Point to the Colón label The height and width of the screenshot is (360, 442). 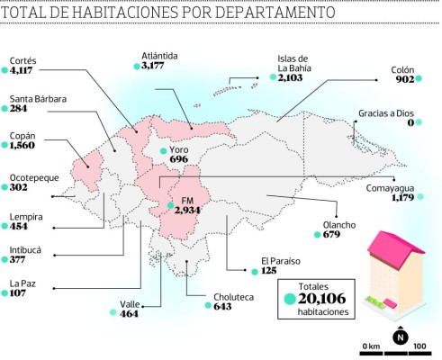[402, 68]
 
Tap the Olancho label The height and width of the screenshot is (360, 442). [339, 224]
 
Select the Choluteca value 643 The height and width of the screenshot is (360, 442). [223, 306]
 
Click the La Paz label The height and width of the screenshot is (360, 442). [23, 283]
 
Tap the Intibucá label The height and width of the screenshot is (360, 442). [25, 248]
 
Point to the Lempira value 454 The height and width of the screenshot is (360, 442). [23, 226]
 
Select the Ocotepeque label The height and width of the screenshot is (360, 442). [33, 177]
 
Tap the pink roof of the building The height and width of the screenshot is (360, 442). [397, 249]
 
